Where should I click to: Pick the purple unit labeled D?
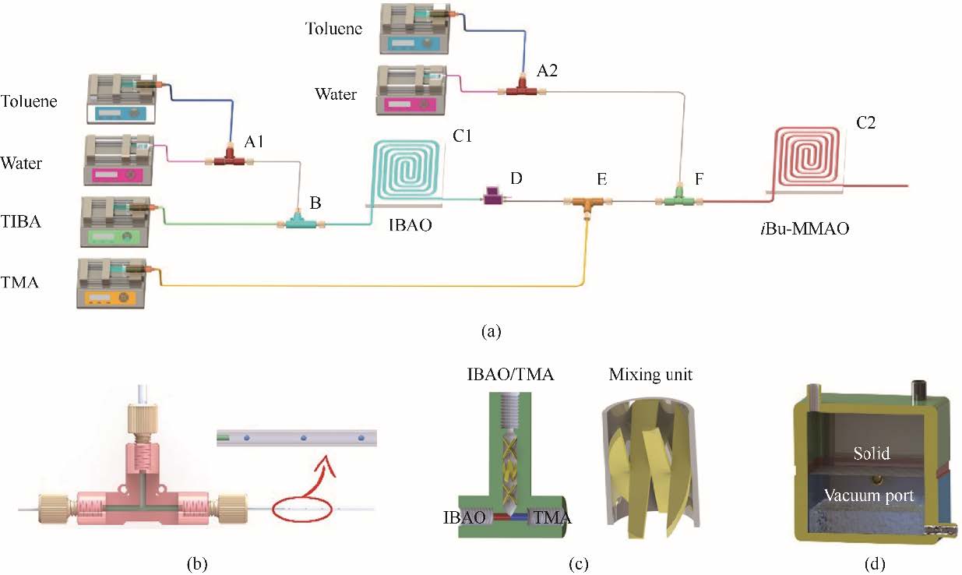(493, 199)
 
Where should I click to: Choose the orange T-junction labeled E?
(587, 202)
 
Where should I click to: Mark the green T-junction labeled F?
(680, 200)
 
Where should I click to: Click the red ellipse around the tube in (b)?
(302, 511)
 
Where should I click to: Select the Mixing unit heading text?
(652, 375)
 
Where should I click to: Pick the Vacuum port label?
(869, 495)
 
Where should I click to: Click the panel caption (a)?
(490, 331)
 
